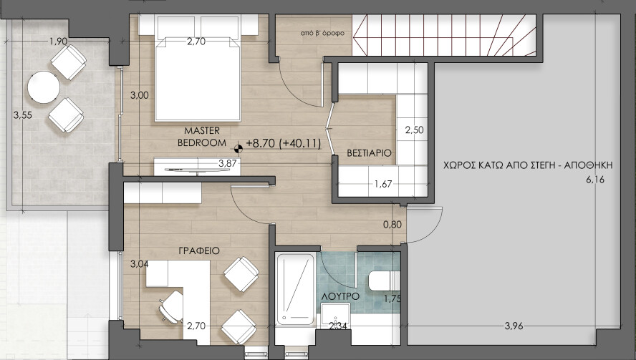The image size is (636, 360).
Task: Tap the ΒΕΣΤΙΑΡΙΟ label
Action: tap(369, 153)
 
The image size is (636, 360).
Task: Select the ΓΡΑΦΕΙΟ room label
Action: tap(199, 251)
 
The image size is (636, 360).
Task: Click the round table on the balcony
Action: tap(43, 88)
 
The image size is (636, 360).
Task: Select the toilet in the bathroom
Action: tap(381, 281)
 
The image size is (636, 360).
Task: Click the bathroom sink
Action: tap(334, 315)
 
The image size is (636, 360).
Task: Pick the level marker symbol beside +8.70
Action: tap(238, 147)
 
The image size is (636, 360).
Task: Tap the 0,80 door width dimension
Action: tap(392, 224)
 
